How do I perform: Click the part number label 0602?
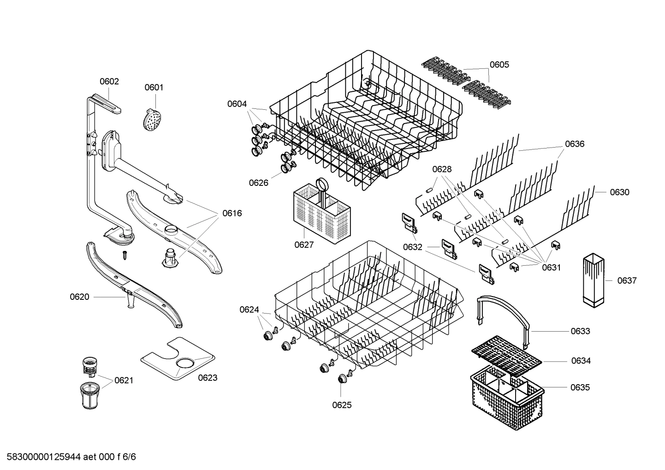click(x=109, y=82)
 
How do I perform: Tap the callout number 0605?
click(x=499, y=65)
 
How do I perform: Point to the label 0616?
click(x=232, y=213)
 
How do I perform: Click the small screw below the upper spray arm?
click(x=125, y=254)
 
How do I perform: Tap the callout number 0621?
click(x=124, y=380)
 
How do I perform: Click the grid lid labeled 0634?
click(x=506, y=355)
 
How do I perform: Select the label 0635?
click(x=580, y=387)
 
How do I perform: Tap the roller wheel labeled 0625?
click(x=342, y=379)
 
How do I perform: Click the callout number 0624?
click(x=249, y=309)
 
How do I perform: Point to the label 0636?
click(x=574, y=144)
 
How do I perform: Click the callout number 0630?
click(x=619, y=192)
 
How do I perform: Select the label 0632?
click(x=412, y=247)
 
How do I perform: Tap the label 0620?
click(x=79, y=297)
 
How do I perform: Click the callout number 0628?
click(x=442, y=169)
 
